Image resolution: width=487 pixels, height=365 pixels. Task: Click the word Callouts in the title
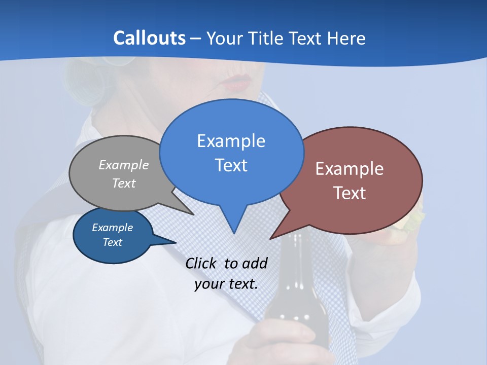click(x=149, y=38)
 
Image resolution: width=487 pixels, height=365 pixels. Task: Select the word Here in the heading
click(x=345, y=38)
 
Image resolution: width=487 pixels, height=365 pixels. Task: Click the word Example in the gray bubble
click(x=124, y=165)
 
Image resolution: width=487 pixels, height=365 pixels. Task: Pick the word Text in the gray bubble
click(x=124, y=183)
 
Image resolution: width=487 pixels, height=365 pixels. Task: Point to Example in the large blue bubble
click(x=231, y=141)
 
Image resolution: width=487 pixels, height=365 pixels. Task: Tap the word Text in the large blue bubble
click(x=231, y=165)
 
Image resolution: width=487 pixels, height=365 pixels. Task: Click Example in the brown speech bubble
click(x=350, y=169)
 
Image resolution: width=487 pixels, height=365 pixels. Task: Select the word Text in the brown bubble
click(x=350, y=193)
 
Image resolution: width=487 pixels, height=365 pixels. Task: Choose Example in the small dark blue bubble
click(x=112, y=228)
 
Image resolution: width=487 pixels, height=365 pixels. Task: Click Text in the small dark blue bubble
click(x=112, y=242)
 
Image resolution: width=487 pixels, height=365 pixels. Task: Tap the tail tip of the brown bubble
click(x=271, y=238)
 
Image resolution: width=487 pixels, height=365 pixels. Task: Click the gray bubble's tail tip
click(x=193, y=214)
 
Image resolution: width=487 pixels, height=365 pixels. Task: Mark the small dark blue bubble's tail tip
click(x=176, y=242)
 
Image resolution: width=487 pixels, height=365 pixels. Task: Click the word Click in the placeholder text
click(x=202, y=263)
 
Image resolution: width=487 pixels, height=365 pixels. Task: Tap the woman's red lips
click(x=235, y=82)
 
